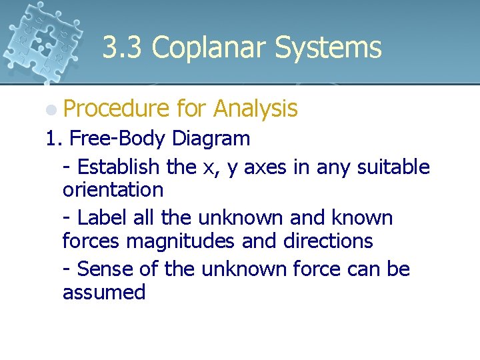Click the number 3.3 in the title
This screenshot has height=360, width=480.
coord(123,48)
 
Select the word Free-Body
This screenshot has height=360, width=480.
coord(117,139)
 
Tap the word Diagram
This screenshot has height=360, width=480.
coord(211,139)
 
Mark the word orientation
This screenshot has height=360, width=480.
coord(113,190)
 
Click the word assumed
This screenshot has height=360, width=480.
coord(103,292)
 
